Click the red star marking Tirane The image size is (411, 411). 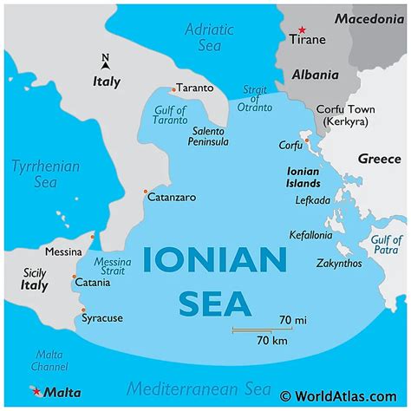[302, 29]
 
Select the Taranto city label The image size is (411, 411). [195, 88]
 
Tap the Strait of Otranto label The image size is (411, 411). [255, 99]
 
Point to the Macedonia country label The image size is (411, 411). [366, 17]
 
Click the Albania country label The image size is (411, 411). [314, 75]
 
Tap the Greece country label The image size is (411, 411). [379, 160]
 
